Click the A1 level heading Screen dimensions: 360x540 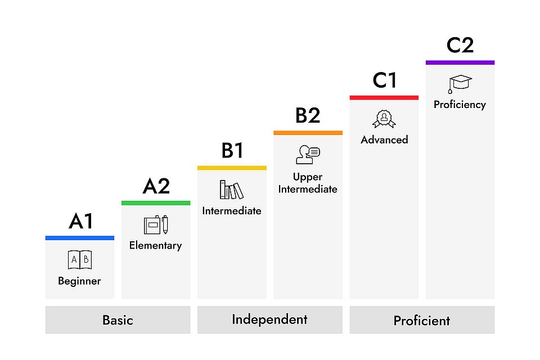[80, 221]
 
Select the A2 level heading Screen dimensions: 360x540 [156, 186]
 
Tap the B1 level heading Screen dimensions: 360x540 [232, 151]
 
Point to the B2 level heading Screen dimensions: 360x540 [308, 115]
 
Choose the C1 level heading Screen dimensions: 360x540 [384, 80]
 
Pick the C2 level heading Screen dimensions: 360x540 [460, 45]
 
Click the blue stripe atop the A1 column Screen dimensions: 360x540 [80, 238]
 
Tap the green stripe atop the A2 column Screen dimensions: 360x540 [156, 202]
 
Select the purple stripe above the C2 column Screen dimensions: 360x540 [460, 62]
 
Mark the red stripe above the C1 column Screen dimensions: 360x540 [384, 97]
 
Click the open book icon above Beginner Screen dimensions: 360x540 [79, 260]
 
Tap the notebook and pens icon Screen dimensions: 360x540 [156, 224]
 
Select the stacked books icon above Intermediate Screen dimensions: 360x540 [231, 190]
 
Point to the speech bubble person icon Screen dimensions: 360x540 [308, 154]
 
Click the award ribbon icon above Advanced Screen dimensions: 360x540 [384, 119]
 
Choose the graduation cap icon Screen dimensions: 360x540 [460, 84]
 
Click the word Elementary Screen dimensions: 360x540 [155, 245]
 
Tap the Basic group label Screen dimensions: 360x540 [118, 320]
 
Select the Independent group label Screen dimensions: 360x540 [269, 319]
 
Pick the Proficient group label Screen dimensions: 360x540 [422, 321]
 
